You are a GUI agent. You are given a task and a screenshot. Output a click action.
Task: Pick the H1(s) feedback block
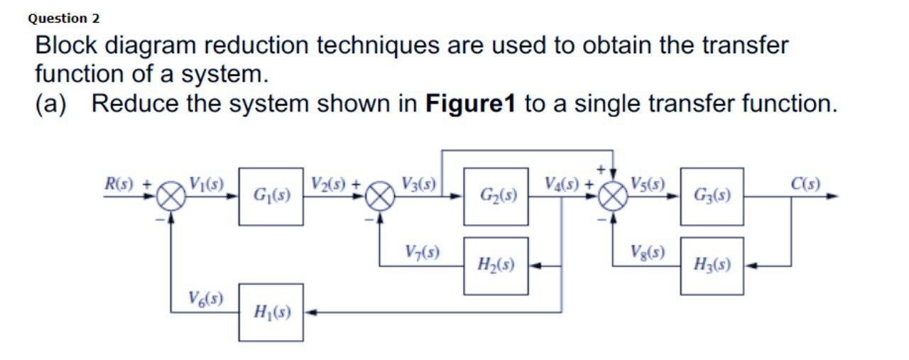click(271, 312)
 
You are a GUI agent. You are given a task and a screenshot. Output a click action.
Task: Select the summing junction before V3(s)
click(381, 197)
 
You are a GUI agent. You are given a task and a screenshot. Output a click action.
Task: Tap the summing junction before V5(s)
click(612, 197)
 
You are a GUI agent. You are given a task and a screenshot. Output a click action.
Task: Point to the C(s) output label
click(805, 183)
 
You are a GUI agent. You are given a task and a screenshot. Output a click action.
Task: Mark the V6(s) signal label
click(205, 298)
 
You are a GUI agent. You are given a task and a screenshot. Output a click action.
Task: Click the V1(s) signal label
click(206, 183)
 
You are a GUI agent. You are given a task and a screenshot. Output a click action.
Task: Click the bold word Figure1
click(468, 104)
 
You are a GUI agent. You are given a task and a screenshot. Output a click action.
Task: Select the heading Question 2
click(64, 18)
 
